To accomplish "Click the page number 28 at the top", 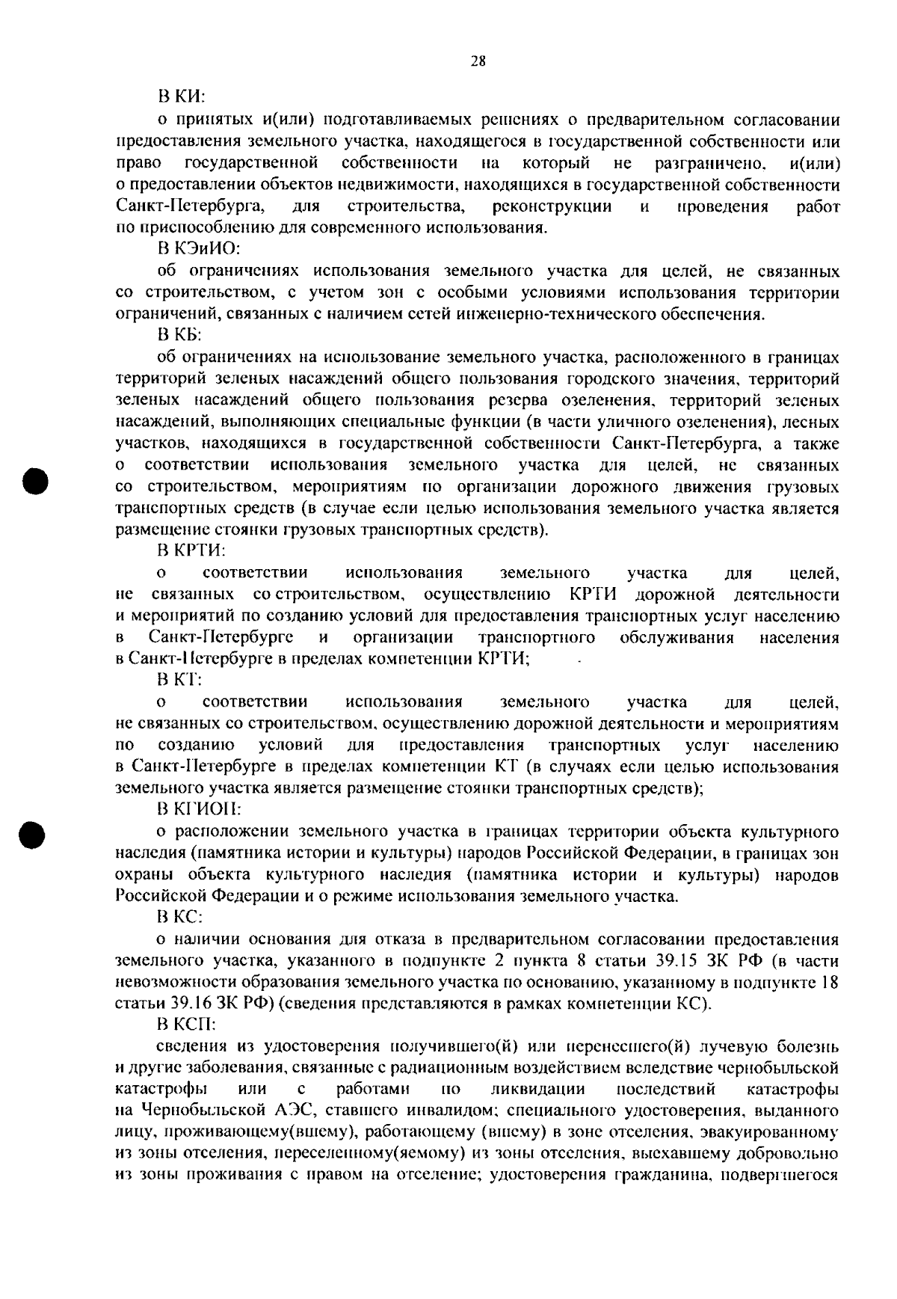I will click(478, 62).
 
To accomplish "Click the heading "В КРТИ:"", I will click(191, 552).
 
